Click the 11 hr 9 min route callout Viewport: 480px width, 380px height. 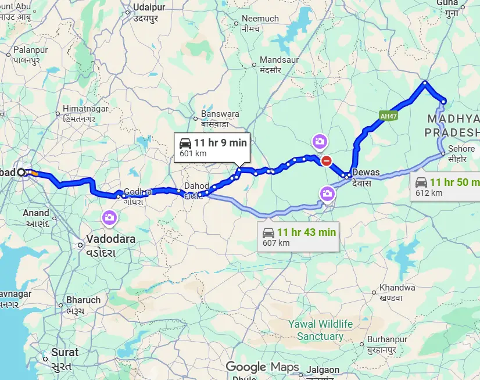[x=212, y=148]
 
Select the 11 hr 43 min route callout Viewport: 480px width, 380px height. [x=298, y=236]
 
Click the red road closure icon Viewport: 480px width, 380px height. [x=327, y=161]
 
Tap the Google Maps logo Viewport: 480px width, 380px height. [x=262, y=367]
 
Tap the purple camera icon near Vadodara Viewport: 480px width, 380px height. [x=108, y=218]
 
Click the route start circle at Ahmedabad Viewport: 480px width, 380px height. [x=21, y=172]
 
